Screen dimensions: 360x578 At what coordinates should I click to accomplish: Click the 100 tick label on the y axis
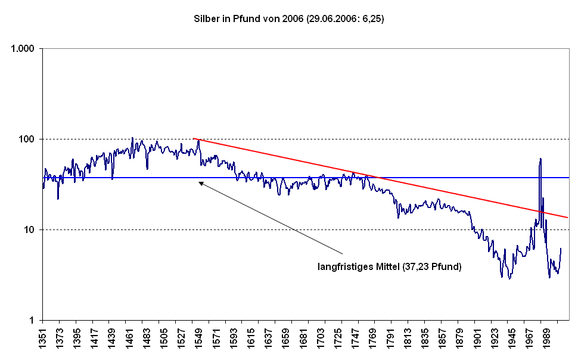point(27,139)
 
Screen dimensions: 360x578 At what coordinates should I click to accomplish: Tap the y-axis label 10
point(30,229)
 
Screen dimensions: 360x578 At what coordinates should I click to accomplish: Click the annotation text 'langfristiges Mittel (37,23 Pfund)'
point(390,267)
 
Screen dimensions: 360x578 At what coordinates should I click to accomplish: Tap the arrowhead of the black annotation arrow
point(200,183)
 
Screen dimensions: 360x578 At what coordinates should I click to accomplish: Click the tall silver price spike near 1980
point(540,160)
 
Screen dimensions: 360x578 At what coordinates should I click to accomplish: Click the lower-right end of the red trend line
point(567,218)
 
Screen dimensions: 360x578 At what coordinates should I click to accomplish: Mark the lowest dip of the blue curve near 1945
point(509,278)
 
